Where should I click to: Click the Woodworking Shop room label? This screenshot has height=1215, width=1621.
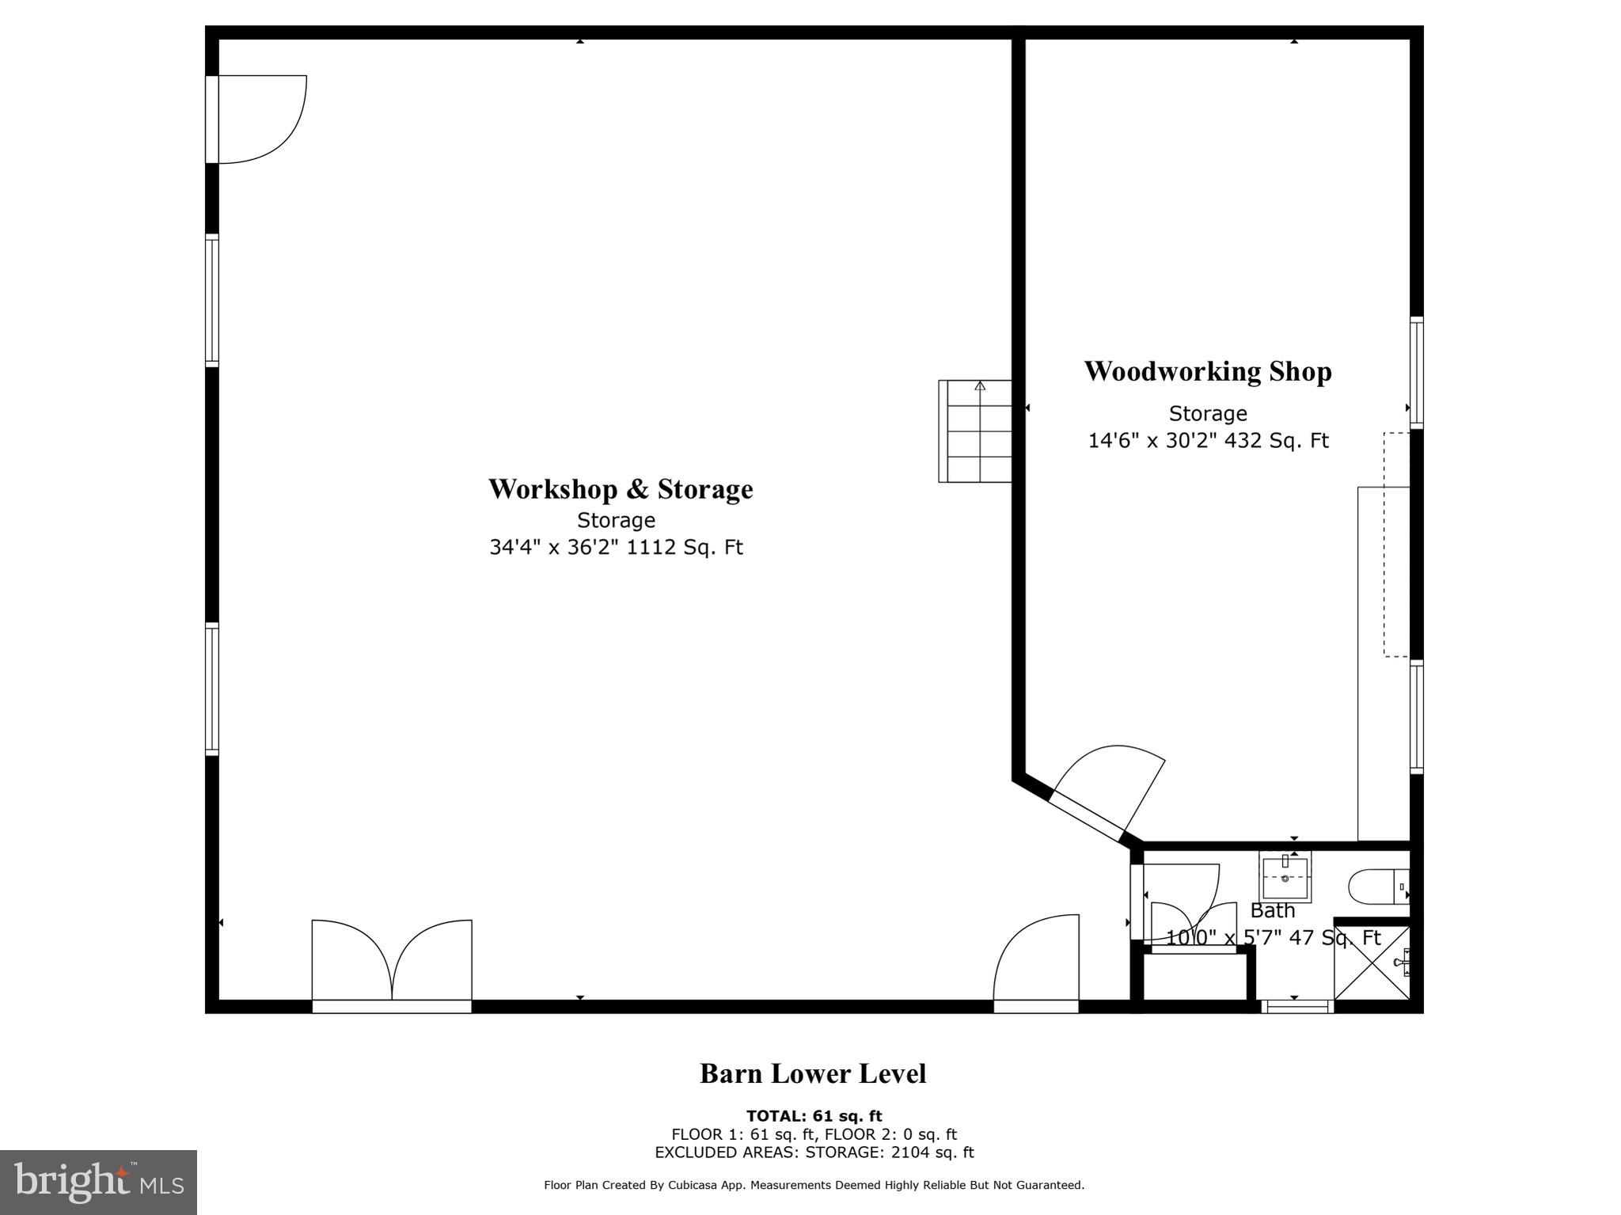click(x=1208, y=371)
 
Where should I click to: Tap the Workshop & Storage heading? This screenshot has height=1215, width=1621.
click(x=621, y=489)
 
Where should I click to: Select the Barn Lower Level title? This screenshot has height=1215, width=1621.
click(x=813, y=1074)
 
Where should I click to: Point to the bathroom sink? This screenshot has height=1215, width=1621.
click(x=1285, y=876)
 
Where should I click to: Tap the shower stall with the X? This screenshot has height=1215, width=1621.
click(x=1372, y=963)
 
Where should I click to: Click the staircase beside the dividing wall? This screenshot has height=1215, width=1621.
click(x=975, y=431)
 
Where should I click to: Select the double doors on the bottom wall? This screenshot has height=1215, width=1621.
click(x=392, y=966)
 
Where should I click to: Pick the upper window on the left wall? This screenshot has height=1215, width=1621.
click(x=212, y=301)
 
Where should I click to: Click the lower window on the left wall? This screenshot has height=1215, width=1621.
click(x=212, y=689)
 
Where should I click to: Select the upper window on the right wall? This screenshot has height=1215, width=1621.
click(x=1417, y=373)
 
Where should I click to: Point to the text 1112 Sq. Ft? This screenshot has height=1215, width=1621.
click(x=685, y=547)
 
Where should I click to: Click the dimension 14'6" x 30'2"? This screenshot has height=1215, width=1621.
click(x=1153, y=440)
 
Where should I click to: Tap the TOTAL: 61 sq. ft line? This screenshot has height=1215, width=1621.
click(x=814, y=1116)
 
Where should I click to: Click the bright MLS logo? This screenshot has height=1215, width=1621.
click(x=98, y=1182)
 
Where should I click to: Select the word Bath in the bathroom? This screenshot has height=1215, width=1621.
click(x=1273, y=910)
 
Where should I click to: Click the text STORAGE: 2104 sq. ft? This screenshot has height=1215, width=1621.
click(x=890, y=1152)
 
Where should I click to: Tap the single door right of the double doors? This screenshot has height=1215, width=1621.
click(x=1036, y=963)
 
